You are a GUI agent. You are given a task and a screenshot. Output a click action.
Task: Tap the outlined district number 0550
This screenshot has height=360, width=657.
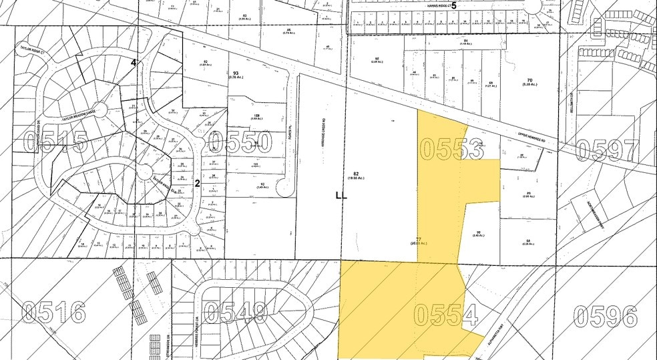click(x=240, y=142)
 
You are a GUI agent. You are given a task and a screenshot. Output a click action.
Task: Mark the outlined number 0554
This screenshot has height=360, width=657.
click(x=445, y=314)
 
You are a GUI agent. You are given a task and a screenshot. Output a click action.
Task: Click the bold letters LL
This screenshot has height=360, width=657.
click(x=341, y=196)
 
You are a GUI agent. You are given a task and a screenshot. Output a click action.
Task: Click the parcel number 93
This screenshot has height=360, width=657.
click(x=235, y=73)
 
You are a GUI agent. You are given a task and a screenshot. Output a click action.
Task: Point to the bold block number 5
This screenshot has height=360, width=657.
click(x=454, y=5)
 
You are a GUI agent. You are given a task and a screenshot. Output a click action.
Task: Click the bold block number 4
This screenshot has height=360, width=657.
click(x=134, y=63)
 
